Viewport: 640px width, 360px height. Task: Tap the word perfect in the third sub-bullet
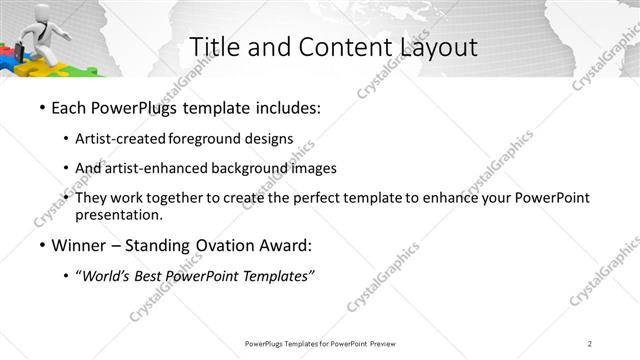click(335, 198)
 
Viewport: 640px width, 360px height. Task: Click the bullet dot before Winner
click(41, 245)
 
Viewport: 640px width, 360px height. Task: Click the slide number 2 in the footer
click(590, 344)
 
